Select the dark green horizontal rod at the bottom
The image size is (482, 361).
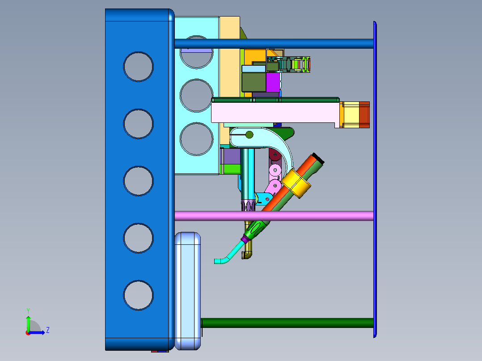tap(288, 323)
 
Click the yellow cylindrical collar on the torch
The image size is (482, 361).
tap(296, 184)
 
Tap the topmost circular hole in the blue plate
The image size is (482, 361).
tap(138, 67)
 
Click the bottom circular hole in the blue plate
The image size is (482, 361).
tap(138, 295)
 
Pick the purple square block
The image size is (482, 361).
tap(273, 82)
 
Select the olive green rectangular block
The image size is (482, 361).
tap(254, 82)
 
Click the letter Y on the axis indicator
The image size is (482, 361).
tap(28, 311)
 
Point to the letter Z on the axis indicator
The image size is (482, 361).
tap(48, 330)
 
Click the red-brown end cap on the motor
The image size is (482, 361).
tap(364, 114)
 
